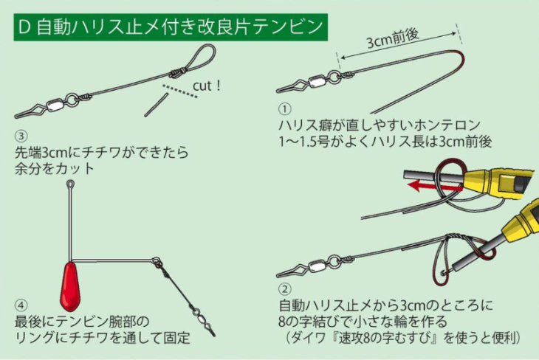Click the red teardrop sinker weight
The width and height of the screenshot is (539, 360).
click(70, 285)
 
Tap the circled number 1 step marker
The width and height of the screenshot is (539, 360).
click(284, 109)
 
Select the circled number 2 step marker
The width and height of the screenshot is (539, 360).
click(284, 289)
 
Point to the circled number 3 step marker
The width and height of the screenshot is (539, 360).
click(21, 136)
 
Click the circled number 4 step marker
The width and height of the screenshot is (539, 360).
click(21, 305)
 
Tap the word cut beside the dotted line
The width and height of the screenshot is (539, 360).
click(202, 86)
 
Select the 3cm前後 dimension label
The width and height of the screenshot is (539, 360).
click(393, 39)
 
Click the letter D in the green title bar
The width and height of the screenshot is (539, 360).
click(24, 27)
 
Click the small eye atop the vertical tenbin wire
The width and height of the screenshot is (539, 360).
click(70, 184)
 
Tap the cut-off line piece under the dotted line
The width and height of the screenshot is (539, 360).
click(157, 105)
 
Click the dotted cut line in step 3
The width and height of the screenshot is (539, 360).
click(180, 91)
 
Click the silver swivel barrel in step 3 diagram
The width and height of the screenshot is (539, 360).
click(56, 104)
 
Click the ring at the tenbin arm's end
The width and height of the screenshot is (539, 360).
click(156, 260)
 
